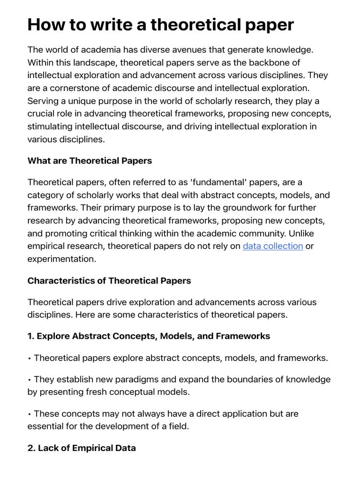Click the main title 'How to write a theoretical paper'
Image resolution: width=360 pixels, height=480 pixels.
click(x=160, y=24)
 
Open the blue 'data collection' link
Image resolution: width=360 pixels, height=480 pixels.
click(x=272, y=246)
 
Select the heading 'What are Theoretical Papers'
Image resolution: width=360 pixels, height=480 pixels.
click(x=90, y=161)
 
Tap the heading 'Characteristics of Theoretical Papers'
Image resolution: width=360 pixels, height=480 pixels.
click(x=109, y=281)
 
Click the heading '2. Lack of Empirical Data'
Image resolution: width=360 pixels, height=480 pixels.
click(x=82, y=448)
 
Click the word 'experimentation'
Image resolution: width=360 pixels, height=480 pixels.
click(x=60, y=258)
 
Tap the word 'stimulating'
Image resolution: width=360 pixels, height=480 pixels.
click(x=52, y=127)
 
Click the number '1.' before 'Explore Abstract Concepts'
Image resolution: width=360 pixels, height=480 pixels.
click(x=31, y=336)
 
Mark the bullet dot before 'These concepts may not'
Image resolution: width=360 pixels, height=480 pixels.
click(x=30, y=414)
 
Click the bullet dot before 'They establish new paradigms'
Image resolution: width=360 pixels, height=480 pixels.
click(x=30, y=379)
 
